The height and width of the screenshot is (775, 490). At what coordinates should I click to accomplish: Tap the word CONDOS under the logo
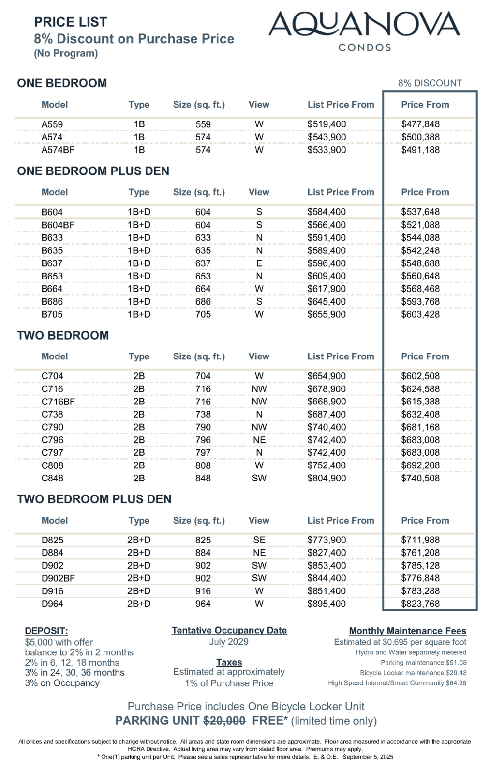pyautogui.click(x=365, y=47)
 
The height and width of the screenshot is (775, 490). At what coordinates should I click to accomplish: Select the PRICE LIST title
pyautogui.click(x=71, y=22)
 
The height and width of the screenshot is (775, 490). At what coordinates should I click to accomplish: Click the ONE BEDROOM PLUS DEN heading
pyautogui.click(x=93, y=171)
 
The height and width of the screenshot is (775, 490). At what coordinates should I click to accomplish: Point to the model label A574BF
pyautogui.click(x=58, y=150)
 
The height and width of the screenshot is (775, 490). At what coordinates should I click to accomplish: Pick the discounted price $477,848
pyautogui.click(x=420, y=124)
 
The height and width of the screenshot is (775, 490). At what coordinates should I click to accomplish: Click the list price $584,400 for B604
pyautogui.click(x=327, y=212)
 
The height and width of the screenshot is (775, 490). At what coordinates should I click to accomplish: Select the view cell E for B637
pyautogui.click(x=259, y=263)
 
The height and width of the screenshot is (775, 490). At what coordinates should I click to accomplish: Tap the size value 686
pyautogui.click(x=203, y=302)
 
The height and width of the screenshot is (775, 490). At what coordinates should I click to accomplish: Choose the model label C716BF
pyautogui.click(x=58, y=402)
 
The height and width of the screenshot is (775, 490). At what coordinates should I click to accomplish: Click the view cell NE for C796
pyautogui.click(x=259, y=440)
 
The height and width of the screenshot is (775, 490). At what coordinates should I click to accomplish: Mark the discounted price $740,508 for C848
pyautogui.click(x=420, y=478)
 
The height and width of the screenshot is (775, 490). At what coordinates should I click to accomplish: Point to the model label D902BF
pyautogui.click(x=58, y=578)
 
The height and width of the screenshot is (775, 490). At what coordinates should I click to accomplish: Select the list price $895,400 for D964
pyautogui.click(x=327, y=604)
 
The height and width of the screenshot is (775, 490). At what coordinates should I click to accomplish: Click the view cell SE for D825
pyautogui.click(x=259, y=540)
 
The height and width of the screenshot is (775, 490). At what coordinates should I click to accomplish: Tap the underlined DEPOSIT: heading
pyautogui.click(x=46, y=631)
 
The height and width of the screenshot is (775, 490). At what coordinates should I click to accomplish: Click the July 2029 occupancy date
pyautogui.click(x=229, y=642)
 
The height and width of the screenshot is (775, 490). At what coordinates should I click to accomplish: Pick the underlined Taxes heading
pyautogui.click(x=229, y=662)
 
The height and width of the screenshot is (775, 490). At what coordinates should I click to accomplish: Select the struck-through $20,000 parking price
pyautogui.click(x=224, y=721)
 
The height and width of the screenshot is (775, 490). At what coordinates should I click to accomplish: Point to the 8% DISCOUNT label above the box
pyautogui.click(x=430, y=83)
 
